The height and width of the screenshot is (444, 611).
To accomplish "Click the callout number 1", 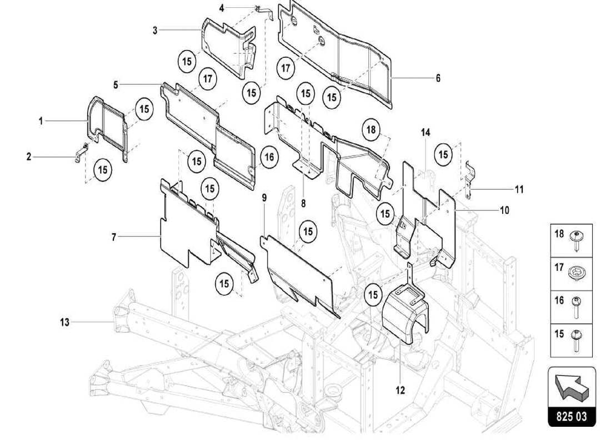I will tap(41, 120).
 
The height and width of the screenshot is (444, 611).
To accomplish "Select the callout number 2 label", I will tap(29, 157).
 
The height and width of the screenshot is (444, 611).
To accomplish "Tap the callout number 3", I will tap(155, 30).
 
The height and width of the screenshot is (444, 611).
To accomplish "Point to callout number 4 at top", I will tap(222, 8).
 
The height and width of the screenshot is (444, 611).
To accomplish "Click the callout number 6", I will tap(438, 78).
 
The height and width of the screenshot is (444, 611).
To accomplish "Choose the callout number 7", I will tap(114, 237).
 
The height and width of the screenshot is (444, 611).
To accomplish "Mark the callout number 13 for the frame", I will tap(65, 321).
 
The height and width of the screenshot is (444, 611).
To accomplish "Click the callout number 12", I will tap(400, 390).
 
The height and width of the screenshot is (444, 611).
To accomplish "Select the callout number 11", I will tap(519, 189).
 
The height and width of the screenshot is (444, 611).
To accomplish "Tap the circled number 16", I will tap(269, 158).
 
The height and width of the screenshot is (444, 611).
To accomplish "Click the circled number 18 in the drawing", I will tap(371, 130).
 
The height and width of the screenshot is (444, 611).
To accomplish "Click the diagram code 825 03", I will tap(572, 416).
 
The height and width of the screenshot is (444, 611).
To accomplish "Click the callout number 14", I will tap(425, 133).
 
